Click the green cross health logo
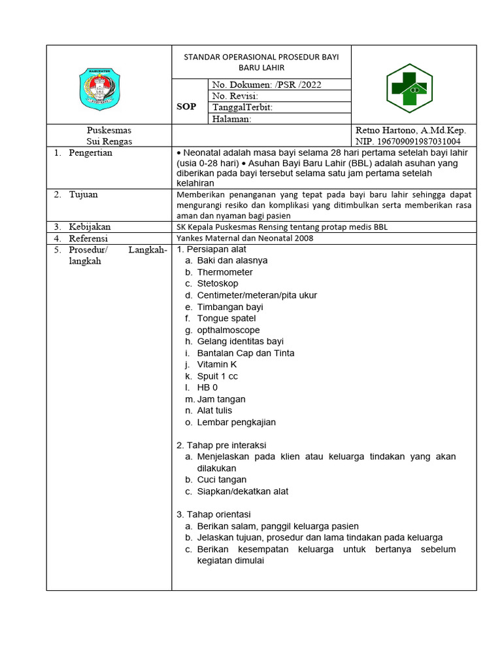(413, 88)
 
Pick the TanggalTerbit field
(243, 107)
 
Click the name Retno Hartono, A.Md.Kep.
(410, 130)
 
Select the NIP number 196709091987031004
(408, 141)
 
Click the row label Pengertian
(90, 152)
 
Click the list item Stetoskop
(218, 283)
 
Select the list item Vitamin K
(217, 364)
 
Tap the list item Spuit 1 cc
(218, 376)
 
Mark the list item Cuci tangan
(222, 480)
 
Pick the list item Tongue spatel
(226, 318)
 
